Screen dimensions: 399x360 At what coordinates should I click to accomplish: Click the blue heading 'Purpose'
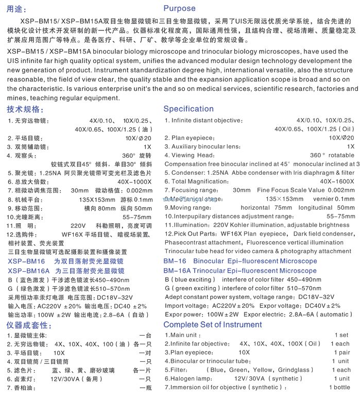point(179,8)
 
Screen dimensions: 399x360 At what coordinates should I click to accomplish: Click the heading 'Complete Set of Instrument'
point(213,324)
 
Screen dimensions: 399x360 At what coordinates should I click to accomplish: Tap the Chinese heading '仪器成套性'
point(29,325)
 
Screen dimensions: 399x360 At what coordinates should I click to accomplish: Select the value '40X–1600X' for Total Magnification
point(337,181)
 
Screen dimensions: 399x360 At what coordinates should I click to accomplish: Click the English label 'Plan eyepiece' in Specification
point(193,138)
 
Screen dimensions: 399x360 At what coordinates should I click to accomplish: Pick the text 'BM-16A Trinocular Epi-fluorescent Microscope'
point(240,271)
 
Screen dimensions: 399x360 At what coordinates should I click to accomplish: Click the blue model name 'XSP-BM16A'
point(29,271)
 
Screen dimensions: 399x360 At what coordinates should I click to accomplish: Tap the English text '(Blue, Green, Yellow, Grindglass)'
point(259,370)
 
